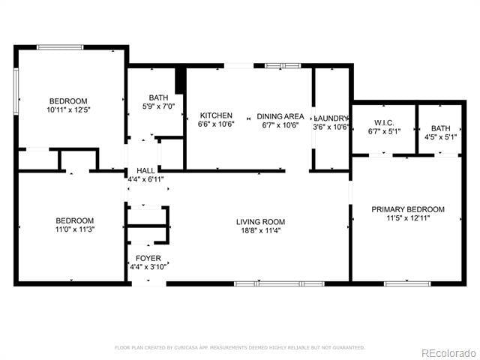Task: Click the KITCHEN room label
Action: pyautogui.click(x=215, y=115)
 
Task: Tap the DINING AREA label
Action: pyautogui.click(x=280, y=115)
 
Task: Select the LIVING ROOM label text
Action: pyautogui.click(x=260, y=221)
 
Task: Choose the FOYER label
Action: pyautogui.click(x=148, y=257)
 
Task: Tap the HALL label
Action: pyautogui.click(x=145, y=171)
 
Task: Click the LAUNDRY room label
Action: pyautogui.click(x=331, y=118)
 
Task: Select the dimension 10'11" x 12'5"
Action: pyautogui.click(x=67, y=110)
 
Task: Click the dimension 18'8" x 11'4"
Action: pyautogui.click(x=260, y=230)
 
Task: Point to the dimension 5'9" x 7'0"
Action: pyautogui.click(x=158, y=106)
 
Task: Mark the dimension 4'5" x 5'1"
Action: pyautogui.click(x=440, y=137)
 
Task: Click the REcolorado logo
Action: pyautogui.click(x=448, y=352)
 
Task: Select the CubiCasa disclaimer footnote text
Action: pyautogui.click(x=240, y=347)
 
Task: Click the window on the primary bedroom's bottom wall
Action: pyautogui.click(x=407, y=283)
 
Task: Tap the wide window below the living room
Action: pyautogui.click(x=279, y=283)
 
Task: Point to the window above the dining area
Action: pyautogui.click(x=283, y=66)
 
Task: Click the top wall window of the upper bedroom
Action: pyautogui.click(x=60, y=47)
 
